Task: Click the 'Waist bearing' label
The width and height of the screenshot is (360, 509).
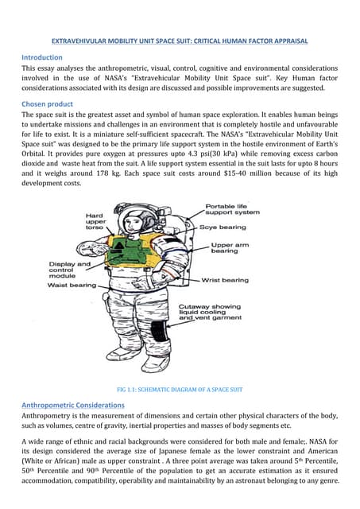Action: point(72,285)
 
